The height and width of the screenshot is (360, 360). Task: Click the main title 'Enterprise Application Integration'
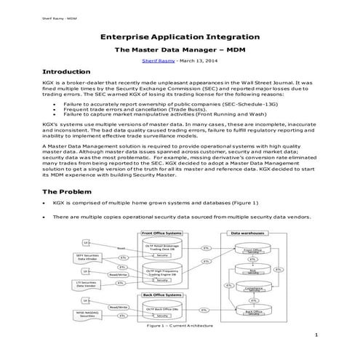click(179, 34)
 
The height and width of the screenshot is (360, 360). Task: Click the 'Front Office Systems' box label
click(161, 233)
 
